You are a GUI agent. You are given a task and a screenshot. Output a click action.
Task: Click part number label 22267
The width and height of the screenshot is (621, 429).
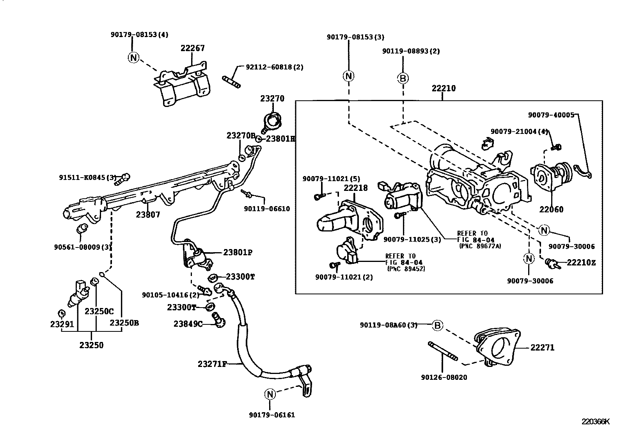[x=193, y=48]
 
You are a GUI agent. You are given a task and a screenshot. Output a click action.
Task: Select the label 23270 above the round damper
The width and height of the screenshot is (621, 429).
[x=272, y=98]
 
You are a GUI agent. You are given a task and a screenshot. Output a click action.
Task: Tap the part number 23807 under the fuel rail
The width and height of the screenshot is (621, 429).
[x=148, y=214]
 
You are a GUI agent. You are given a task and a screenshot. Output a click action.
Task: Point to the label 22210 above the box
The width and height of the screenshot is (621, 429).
[x=444, y=88]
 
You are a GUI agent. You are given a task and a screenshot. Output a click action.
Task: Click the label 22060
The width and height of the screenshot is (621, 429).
[x=551, y=209]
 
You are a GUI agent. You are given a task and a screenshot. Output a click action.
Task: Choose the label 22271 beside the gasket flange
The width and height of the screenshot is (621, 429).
[x=542, y=347]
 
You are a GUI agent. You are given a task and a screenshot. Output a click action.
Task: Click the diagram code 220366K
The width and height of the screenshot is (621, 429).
[x=596, y=422]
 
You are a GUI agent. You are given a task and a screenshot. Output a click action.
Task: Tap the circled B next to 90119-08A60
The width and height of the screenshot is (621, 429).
[x=437, y=325]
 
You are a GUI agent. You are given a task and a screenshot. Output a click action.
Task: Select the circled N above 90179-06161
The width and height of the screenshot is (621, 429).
[x=270, y=394]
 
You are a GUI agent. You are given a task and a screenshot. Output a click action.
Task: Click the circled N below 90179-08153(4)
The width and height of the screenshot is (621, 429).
[x=133, y=57]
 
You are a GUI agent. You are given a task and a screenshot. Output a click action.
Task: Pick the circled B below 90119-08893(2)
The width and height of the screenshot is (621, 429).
[x=403, y=78]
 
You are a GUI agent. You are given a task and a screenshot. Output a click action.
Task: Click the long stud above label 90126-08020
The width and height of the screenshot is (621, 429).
[x=443, y=351]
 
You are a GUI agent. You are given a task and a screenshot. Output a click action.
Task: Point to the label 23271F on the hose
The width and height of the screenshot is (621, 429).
[x=212, y=364]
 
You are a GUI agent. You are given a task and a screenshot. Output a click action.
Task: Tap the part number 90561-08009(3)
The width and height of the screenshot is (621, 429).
[x=83, y=247]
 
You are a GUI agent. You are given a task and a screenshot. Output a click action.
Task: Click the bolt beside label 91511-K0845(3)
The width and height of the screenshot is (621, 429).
[x=122, y=180]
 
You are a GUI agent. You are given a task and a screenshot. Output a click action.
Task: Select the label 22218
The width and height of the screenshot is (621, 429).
[x=356, y=188]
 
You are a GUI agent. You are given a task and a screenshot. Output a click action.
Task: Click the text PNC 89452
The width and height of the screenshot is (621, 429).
[x=406, y=269]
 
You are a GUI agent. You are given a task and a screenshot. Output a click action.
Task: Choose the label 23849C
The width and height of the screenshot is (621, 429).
[x=188, y=324]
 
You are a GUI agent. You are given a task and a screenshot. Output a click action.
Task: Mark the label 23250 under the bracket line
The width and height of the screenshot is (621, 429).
[x=91, y=345]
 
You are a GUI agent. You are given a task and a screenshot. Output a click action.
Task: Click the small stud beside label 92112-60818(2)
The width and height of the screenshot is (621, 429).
[x=231, y=82]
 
